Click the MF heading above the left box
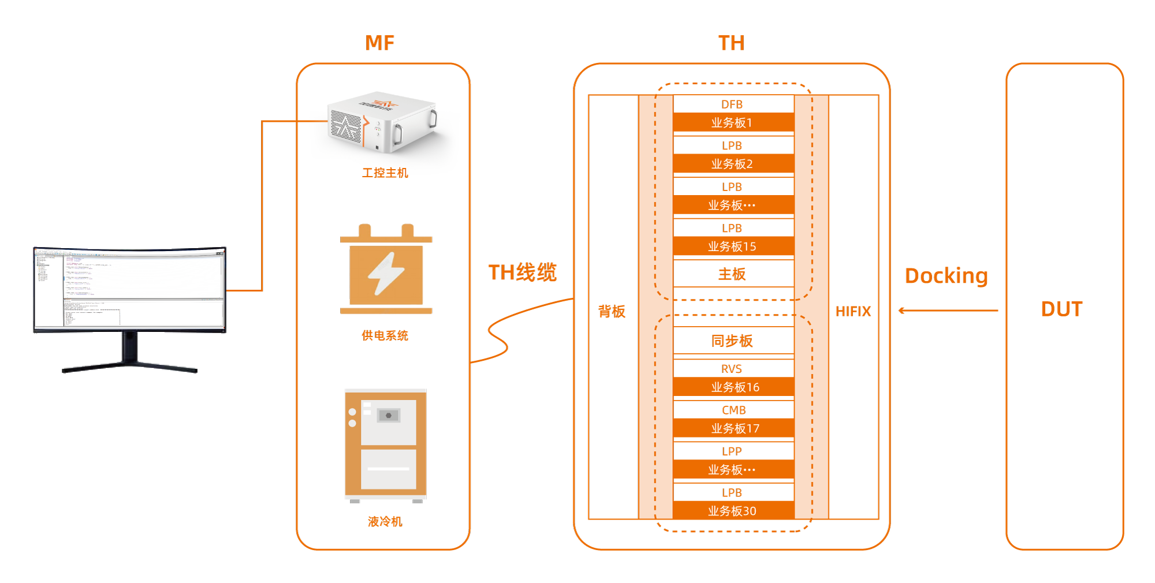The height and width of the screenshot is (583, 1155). pyautogui.click(x=380, y=43)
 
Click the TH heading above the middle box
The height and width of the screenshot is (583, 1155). pyautogui.click(x=731, y=43)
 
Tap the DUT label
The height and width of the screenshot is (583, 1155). pyautogui.click(x=1061, y=309)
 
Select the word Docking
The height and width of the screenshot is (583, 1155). pyautogui.click(x=946, y=276)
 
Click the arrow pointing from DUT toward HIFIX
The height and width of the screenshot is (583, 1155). pyautogui.click(x=947, y=311)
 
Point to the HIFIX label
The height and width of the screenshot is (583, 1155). pyautogui.click(x=852, y=312)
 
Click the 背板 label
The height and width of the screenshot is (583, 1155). pyautogui.click(x=612, y=312)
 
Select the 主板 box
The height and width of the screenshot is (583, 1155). pyautogui.click(x=732, y=274)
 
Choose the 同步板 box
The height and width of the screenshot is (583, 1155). pyautogui.click(x=732, y=341)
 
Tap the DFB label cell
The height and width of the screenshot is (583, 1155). pyautogui.click(x=732, y=104)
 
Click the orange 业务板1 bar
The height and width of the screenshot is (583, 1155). pyautogui.click(x=732, y=122)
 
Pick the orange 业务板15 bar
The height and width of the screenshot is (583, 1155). pyautogui.click(x=732, y=246)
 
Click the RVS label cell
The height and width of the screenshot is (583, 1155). pyautogui.click(x=732, y=369)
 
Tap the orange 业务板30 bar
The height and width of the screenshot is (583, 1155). pyautogui.click(x=732, y=511)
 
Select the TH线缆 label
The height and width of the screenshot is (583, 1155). pyautogui.click(x=522, y=272)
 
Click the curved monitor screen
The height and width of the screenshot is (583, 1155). pyautogui.click(x=129, y=289)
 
